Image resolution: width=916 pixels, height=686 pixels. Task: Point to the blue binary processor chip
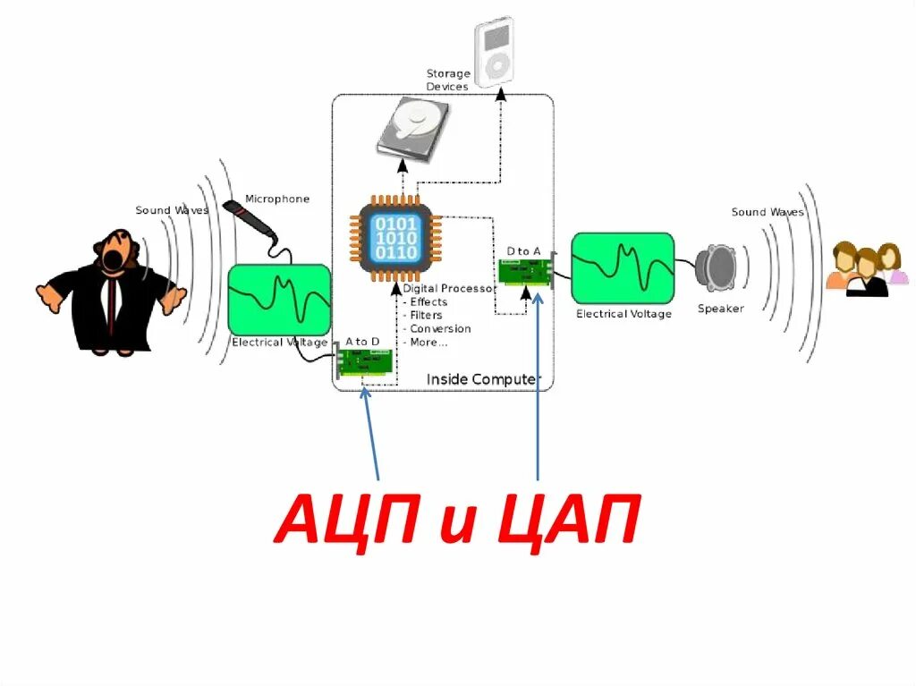pyautogui.click(x=395, y=237)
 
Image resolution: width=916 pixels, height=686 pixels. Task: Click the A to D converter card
pyautogui.click(x=366, y=362)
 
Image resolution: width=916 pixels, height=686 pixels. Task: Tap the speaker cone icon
pyautogui.click(x=718, y=267)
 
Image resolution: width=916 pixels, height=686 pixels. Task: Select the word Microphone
pyautogui.click(x=277, y=199)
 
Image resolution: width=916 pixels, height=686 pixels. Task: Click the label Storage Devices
pyautogui.click(x=447, y=80)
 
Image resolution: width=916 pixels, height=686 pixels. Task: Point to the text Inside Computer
pyautogui.click(x=483, y=379)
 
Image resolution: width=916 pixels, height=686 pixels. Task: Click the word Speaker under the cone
pyautogui.click(x=720, y=309)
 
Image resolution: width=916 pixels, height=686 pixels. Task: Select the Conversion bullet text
pyautogui.click(x=439, y=329)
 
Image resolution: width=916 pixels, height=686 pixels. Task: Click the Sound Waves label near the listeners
pyautogui.click(x=768, y=212)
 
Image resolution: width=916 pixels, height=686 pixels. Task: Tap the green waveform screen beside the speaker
pyautogui.click(x=623, y=267)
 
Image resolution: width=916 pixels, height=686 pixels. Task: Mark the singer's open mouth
pyautogui.click(x=112, y=258)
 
